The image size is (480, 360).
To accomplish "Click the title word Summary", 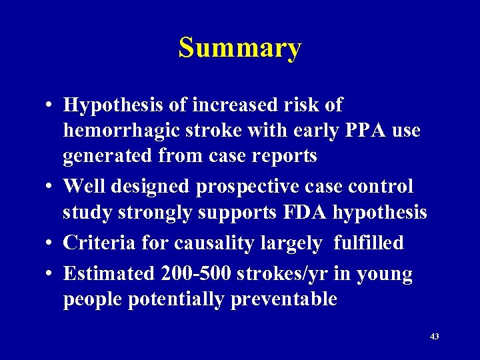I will pos(240,48).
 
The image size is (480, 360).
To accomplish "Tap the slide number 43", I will pos(434,337).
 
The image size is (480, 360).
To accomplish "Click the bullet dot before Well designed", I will pos(51,187).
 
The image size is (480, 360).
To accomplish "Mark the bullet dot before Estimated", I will pos(51,274).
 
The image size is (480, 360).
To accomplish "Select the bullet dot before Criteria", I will pos(51,243).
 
